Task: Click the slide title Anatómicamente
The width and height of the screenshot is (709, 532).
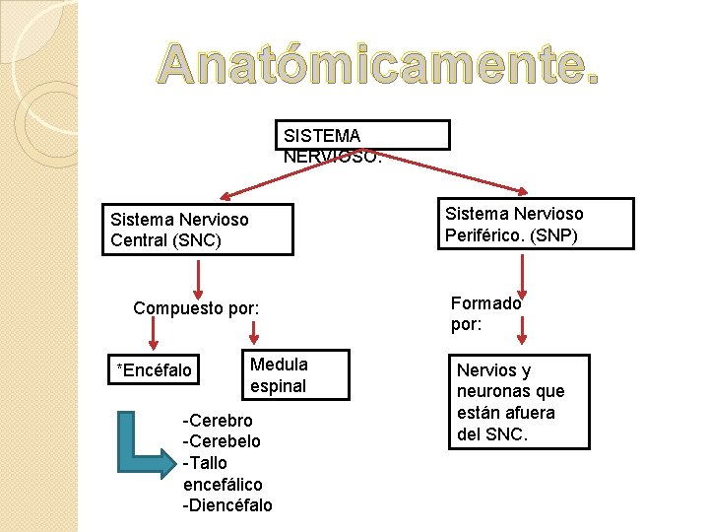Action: [378, 65]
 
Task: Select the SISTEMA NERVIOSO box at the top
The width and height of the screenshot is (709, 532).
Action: [361, 135]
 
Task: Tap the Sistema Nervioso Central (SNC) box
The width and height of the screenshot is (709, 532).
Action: [197, 230]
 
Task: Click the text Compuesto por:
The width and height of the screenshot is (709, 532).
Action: [196, 308]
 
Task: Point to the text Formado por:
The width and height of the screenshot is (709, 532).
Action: [485, 314]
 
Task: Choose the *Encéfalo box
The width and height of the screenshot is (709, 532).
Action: [155, 370]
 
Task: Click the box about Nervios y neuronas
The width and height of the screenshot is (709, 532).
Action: [519, 401]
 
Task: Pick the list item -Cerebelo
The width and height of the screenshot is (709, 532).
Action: [222, 441]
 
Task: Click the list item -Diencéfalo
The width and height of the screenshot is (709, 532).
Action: [227, 505]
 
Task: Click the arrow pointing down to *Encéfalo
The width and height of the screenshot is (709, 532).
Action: [153, 335]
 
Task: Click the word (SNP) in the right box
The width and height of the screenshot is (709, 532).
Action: [552, 236]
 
